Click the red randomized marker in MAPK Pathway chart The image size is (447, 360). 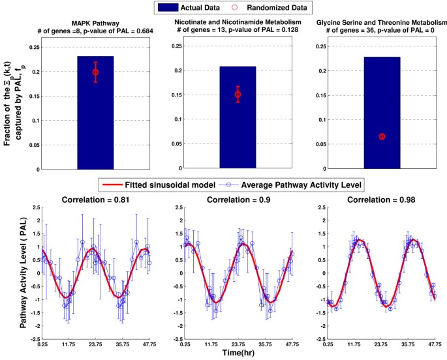click(95, 72)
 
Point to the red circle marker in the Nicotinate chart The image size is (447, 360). click(238, 95)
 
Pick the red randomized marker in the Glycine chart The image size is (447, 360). click(382, 136)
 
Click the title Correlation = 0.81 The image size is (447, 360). click(95, 199)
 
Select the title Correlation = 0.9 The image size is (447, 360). click(238, 199)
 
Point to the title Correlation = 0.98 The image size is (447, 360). click(382, 199)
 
